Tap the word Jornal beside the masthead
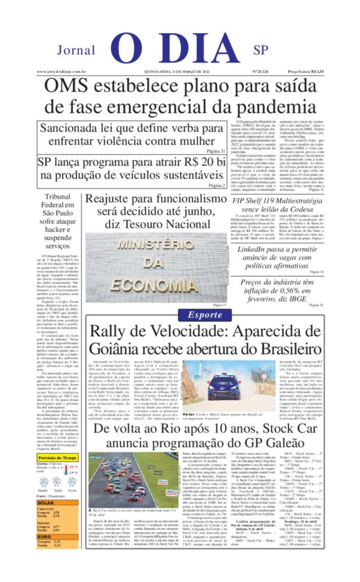click(76, 50)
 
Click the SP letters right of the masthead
click(261, 50)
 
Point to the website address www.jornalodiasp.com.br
click(62, 72)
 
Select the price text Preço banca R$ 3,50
click(306, 72)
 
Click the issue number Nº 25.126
click(260, 72)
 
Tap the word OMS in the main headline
click(66, 86)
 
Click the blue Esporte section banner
click(205, 315)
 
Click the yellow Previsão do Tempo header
click(57, 458)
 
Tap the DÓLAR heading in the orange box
click(46, 503)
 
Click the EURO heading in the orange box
click(45, 537)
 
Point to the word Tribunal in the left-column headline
click(58, 197)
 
